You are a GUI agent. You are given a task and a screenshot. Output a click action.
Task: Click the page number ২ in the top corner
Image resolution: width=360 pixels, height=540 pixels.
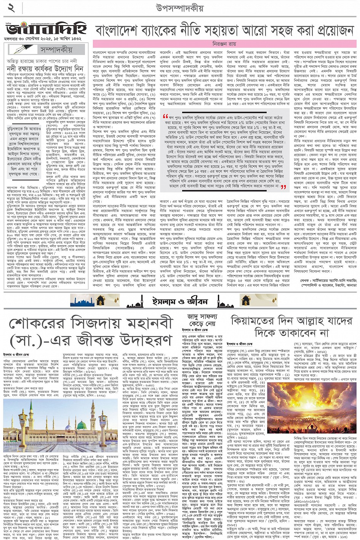click(x=11, y=8)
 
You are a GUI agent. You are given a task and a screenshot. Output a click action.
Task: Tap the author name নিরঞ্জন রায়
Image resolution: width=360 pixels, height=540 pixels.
click(x=225, y=44)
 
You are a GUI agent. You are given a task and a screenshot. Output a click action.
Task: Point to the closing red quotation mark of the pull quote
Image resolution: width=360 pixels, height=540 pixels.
click(x=283, y=187)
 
